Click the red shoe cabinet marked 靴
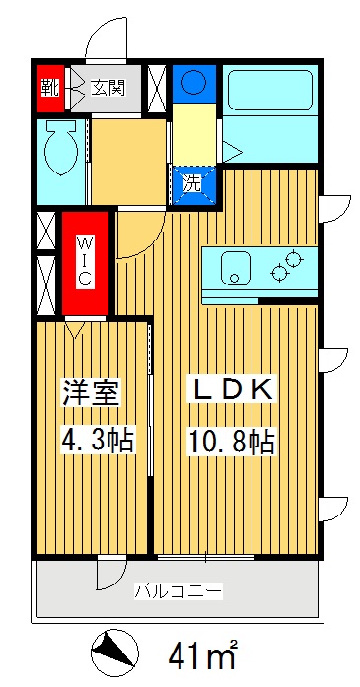pos(48,87)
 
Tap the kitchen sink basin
pos(235,267)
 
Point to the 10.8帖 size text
pos(231,441)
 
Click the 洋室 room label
pos(91,390)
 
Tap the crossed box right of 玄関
pos(156,87)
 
